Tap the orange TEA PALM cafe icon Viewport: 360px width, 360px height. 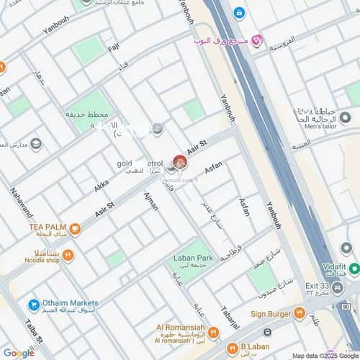[75, 230]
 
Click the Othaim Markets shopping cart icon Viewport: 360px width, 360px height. [33, 305]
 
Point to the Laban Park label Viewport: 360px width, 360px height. [192, 257]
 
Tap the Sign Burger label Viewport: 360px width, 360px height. [269, 313]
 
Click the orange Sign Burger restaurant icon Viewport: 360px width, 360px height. [299, 313]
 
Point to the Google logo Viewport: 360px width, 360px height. [18, 353]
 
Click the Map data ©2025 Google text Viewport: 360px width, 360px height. [325, 355]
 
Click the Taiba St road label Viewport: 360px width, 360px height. [34, 330]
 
